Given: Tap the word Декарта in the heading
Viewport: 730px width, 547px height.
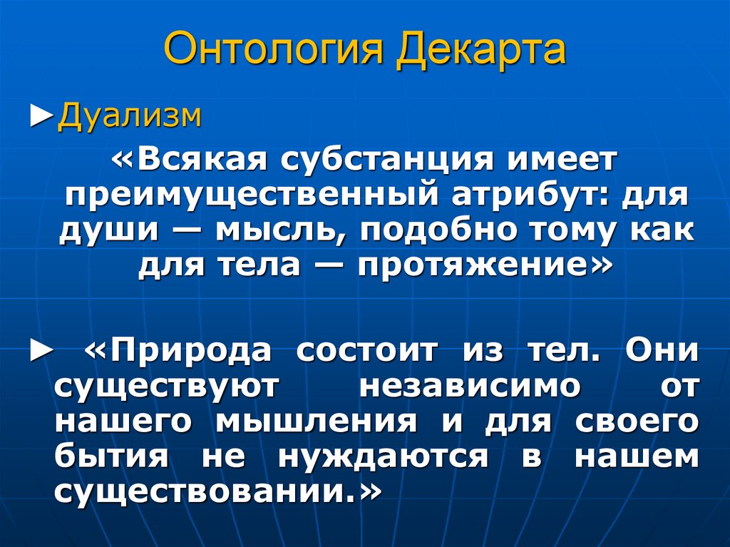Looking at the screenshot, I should coord(482,51).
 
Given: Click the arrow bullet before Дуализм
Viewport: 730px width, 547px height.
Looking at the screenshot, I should coord(43,116).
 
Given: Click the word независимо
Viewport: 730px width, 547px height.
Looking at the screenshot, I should coord(469,386).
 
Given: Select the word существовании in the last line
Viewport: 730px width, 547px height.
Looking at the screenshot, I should coord(204,493).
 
